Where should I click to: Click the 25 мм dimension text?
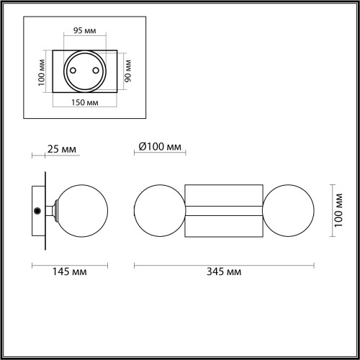(x=62, y=150)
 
